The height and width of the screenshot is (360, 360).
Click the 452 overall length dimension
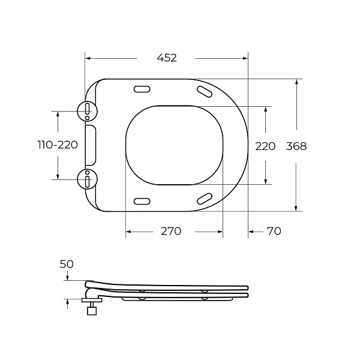[167, 58]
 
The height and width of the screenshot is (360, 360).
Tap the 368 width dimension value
[296, 146]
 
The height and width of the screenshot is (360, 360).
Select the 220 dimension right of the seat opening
[265, 146]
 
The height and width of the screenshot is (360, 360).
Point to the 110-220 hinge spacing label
[58, 145]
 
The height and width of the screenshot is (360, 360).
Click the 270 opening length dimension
[170, 232]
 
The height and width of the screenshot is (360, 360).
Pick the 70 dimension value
[273, 232]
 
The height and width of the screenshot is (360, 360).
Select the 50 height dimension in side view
[67, 264]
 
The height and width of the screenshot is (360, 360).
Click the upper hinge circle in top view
[87, 110]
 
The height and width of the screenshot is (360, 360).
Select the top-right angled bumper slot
[204, 91]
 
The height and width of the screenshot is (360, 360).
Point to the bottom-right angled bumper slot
[204, 199]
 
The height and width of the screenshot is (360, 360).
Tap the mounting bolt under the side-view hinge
[92, 309]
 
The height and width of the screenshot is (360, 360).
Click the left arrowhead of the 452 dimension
[88, 58]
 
